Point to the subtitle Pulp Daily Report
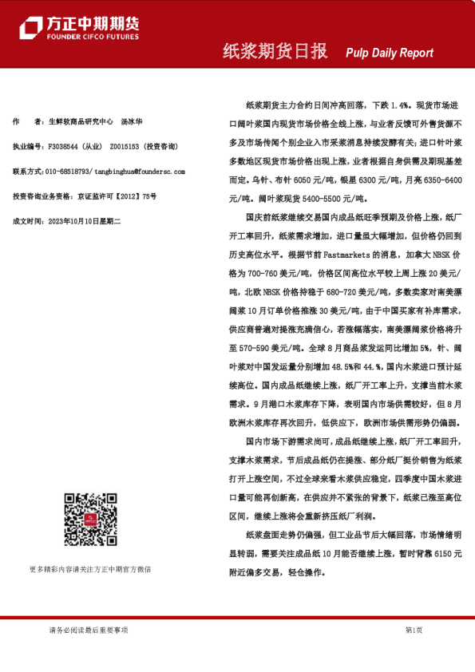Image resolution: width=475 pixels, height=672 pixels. click(390, 53)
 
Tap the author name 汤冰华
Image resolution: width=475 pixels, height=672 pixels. click(131, 121)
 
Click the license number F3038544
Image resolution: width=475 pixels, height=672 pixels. click(65, 147)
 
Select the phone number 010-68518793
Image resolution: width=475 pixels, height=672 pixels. click(68, 172)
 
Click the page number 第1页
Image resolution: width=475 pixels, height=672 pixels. click(414, 630)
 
